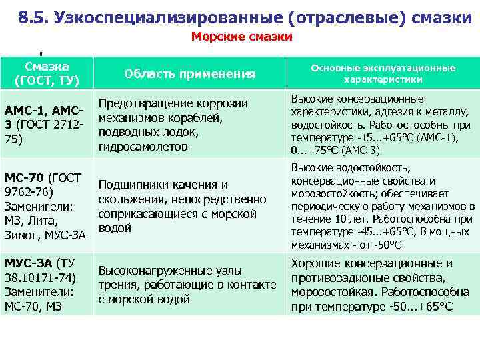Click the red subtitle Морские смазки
click(242, 37)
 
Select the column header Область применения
click(190, 74)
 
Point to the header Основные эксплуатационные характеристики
click(382, 73)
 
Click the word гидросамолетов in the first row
click(143, 146)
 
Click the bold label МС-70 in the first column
click(25, 178)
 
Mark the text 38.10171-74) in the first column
click(40, 277)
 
